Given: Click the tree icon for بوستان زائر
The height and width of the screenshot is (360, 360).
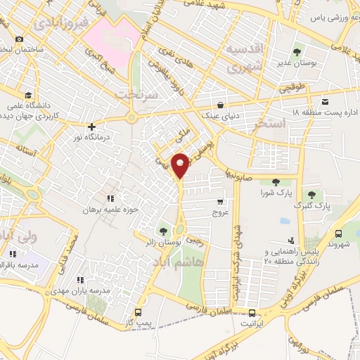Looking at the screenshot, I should coord(164,230).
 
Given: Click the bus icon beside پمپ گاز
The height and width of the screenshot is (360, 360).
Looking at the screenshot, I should coord(138,311).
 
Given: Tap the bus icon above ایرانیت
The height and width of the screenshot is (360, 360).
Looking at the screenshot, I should coord(252,311).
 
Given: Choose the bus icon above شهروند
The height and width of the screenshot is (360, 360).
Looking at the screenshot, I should coord(340,234).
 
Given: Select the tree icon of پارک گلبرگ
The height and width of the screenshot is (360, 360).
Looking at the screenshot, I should coord(311,195).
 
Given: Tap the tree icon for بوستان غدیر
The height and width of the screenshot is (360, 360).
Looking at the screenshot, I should coord(297,51).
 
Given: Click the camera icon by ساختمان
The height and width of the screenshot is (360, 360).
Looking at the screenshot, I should coord(19,39).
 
